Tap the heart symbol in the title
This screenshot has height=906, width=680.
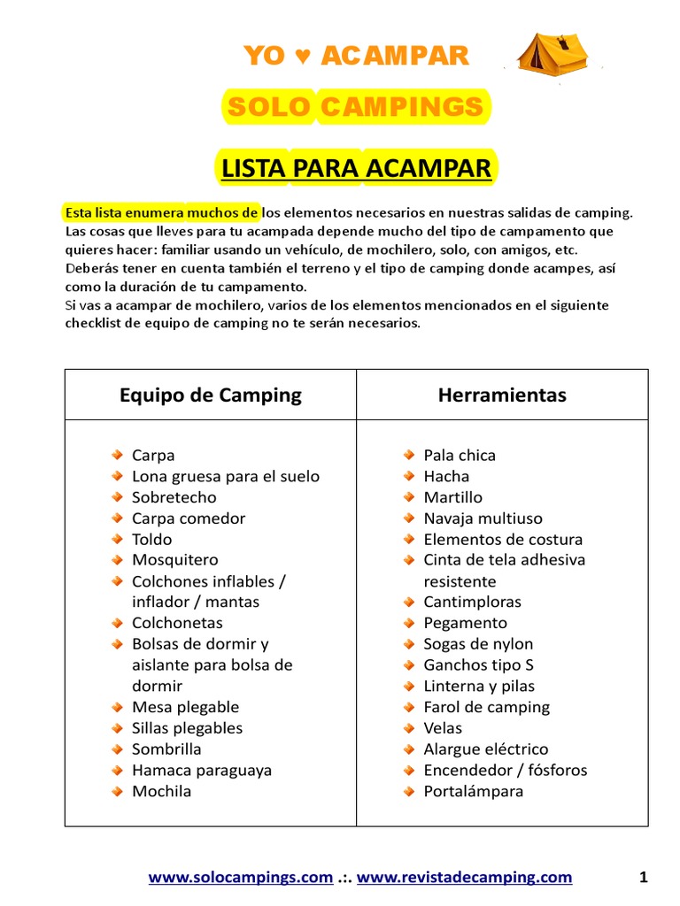(x=302, y=57)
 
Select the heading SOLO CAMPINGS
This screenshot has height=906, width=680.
(x=354, y=108)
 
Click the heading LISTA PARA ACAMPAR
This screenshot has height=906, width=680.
(x=356, y=168)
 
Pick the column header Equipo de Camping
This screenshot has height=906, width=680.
(x=211, y=395)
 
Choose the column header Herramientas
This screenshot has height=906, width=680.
(x=502, y=395)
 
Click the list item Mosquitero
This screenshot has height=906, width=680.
(x=174, y=560)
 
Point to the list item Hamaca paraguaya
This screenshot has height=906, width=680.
(x=201, y=770)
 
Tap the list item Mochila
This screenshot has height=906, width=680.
(x=161, y=791)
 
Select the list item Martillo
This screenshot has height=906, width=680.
(x=452, y=497)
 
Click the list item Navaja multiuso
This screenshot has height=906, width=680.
(x=483, y=518)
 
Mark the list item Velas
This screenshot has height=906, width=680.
(x=443, y=728)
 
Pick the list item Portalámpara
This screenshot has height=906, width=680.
(x=473, y=791)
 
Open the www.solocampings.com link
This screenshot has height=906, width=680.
(x=240, y=878)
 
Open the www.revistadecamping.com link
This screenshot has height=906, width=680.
(x=464, y=878)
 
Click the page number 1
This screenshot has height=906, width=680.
(x=644, y=878)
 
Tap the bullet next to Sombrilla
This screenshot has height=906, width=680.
(x=117, y=749)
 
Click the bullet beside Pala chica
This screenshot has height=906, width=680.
(x=408, y=455)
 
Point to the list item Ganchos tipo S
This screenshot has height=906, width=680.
(x=478, y=664)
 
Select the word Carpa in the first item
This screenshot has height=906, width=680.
(x=153, y=456)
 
